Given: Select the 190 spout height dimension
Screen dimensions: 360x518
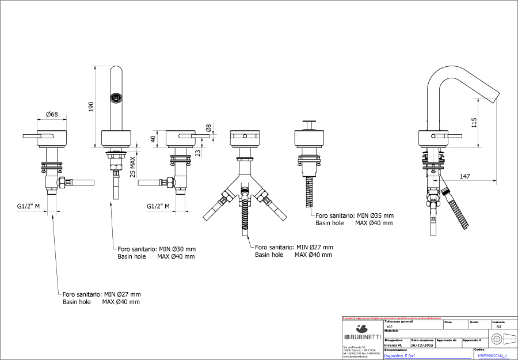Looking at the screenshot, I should click(92, 106).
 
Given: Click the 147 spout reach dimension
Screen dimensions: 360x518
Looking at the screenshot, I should click(467, 176).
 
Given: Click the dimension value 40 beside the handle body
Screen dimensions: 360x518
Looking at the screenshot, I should click(153, 138).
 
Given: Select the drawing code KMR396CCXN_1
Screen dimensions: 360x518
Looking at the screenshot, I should click(493, 356).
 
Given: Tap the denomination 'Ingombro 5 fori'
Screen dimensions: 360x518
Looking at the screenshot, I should click(400, 356).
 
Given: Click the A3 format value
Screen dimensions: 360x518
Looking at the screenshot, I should click(498, 326).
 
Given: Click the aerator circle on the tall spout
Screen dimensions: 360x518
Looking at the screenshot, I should click(117, 97).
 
